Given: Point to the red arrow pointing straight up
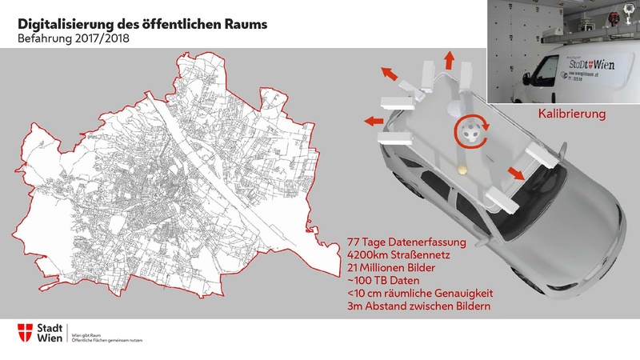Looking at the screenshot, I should pyautogui.click(x=449, y=58).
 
